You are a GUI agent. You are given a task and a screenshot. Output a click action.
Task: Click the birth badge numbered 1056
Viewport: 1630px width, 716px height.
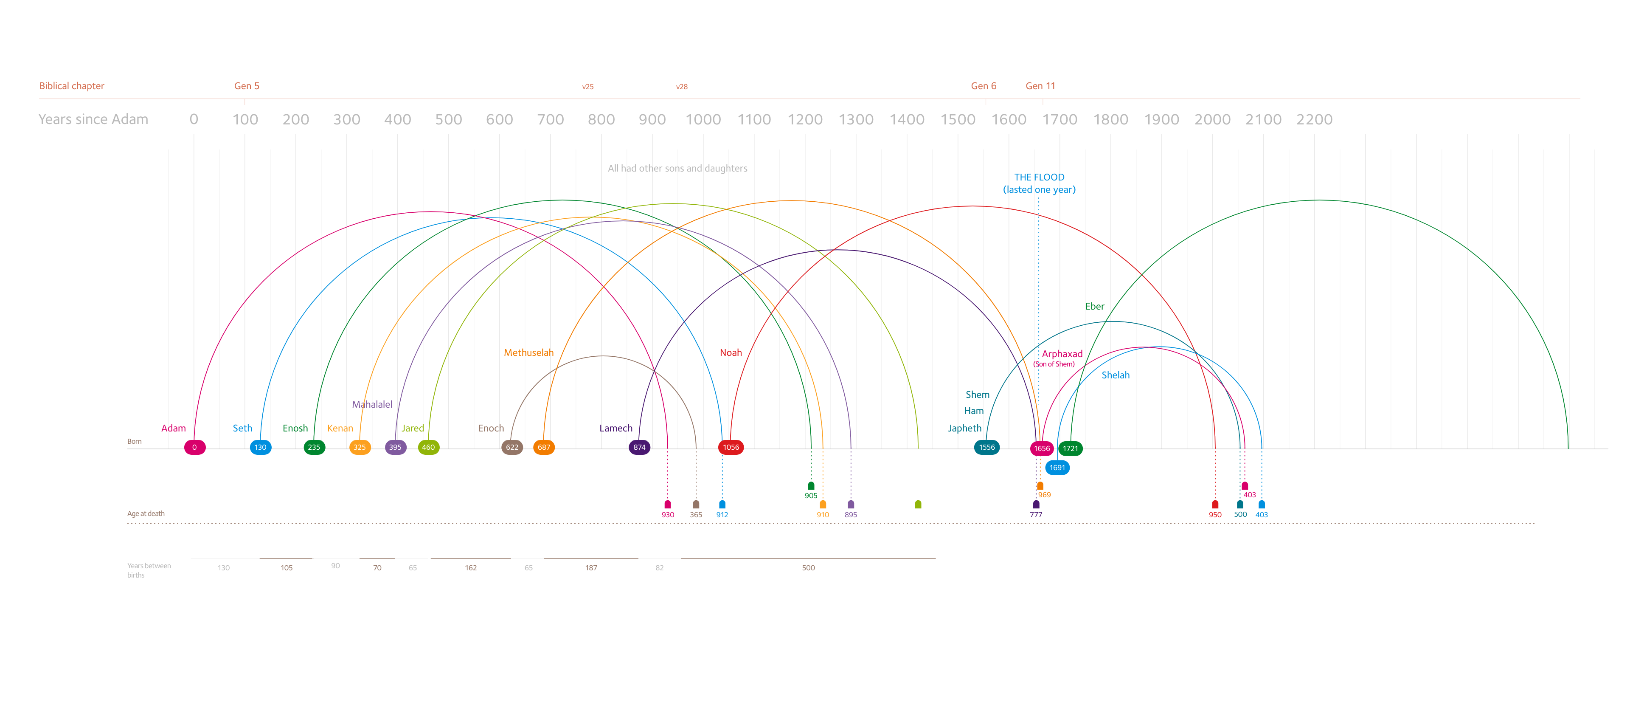tap(731, 447)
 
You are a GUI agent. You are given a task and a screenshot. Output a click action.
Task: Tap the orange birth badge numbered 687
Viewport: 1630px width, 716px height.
tap(543, 447)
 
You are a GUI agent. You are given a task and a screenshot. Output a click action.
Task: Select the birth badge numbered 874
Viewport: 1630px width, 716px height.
tap(639, 447)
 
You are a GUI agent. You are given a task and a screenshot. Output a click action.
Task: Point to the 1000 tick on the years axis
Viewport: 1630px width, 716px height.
tap(703, 120)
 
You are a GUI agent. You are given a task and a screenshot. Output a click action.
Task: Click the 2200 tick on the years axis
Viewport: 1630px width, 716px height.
tap(1314, 120)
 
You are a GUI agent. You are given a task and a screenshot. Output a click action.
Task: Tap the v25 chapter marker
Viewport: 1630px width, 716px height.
tap(588, 87)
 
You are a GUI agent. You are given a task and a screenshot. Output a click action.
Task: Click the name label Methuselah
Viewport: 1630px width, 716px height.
tap(528, 352)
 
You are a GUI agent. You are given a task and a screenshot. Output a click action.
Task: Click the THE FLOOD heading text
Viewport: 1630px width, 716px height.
tap(1039, 177)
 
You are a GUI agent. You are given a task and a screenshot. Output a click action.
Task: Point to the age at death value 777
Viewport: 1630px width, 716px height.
tap(1036, 515)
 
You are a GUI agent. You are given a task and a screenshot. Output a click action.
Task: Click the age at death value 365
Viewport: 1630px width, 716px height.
tap(696, 515)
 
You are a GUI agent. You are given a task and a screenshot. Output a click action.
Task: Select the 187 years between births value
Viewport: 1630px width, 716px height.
tap(591, 568)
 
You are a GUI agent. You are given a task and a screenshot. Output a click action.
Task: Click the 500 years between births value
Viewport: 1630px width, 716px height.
tap(808, 568)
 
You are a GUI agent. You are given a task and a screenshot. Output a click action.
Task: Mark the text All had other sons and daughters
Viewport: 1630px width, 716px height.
tap(677, 169)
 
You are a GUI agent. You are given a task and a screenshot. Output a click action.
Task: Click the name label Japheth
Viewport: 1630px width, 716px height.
tap(964, 428)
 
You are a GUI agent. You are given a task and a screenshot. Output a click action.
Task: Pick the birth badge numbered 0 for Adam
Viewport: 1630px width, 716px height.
tap(194, 447)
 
